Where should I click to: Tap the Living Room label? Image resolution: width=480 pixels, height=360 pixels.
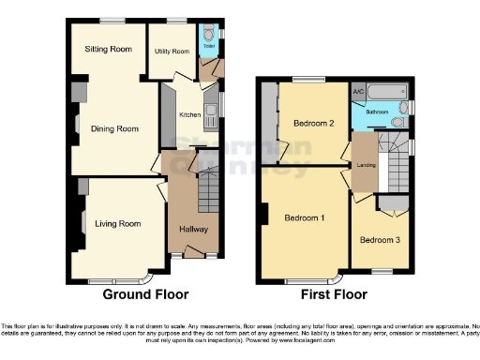(118, 224)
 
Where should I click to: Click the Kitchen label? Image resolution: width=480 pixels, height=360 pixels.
(189, 114)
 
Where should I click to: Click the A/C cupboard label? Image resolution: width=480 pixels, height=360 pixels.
(358, 94)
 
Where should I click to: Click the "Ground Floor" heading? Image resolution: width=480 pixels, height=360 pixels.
(145, 293)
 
